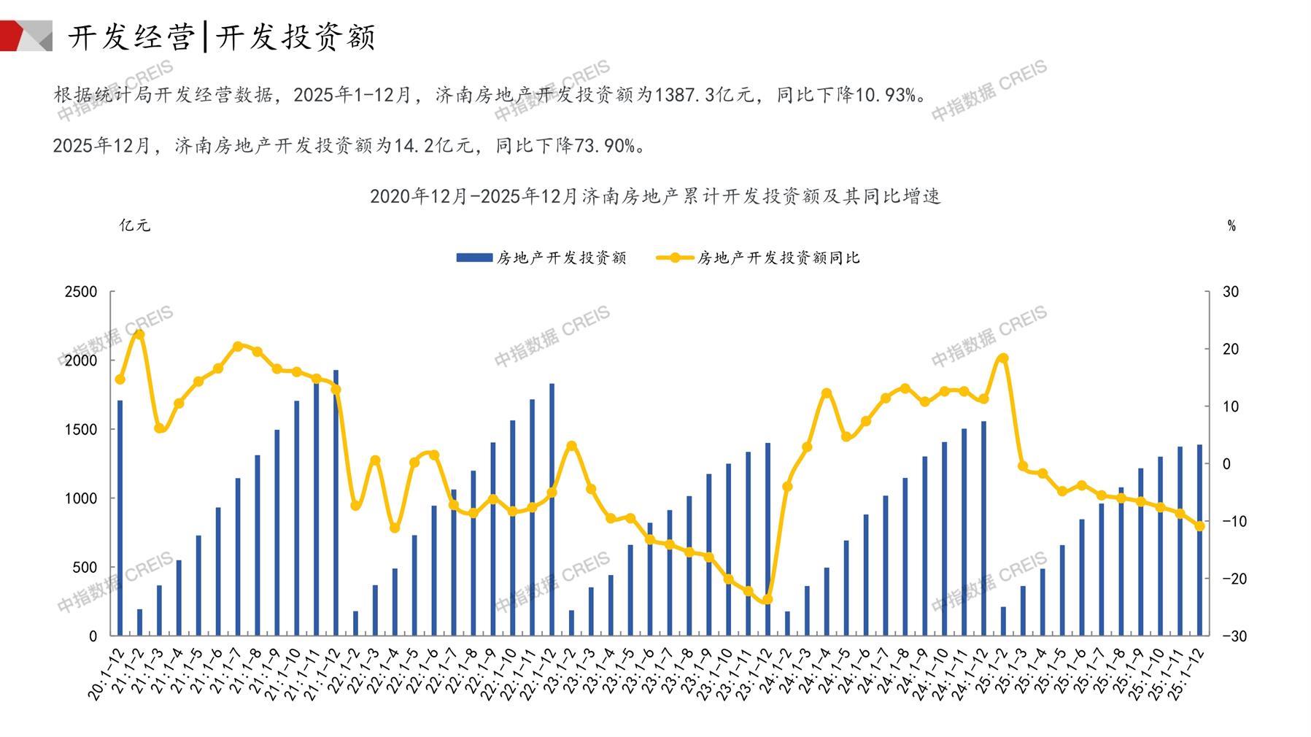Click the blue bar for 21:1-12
coord(336,503)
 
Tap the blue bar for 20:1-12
coord(120,518)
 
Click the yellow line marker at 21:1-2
coord(139,334)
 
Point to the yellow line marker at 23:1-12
coord(767,600)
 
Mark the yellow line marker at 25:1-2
coord(1003,358)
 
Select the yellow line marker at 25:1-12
coord(1199,526)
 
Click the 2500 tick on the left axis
coord(81,292)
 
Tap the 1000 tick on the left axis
coord(81,498)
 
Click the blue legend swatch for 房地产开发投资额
coord(473,258)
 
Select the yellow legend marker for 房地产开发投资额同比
coord(675,258)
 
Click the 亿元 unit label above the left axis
coord(135,225)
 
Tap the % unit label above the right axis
coord(1231,226)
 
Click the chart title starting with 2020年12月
coord(655,196)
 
